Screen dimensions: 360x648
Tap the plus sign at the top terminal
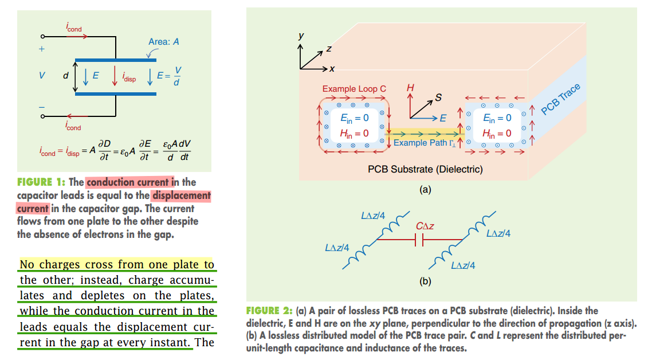[x=41, y=49]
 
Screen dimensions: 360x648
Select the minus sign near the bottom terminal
[x=41, y=107]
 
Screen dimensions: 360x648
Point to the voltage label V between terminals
[x=41, y=76]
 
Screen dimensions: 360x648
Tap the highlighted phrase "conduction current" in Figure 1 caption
[x=129, y=182]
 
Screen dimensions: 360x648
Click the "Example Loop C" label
[x=354, y=89]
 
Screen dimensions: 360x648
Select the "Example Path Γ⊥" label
[x=424, y=143]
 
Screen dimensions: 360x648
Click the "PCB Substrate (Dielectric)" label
[x=425, y=169]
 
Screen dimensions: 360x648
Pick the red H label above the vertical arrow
[x=410, y=88]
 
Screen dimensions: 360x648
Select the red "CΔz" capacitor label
[x=425, y=226]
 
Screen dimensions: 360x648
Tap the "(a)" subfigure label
[x=425, y=189]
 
